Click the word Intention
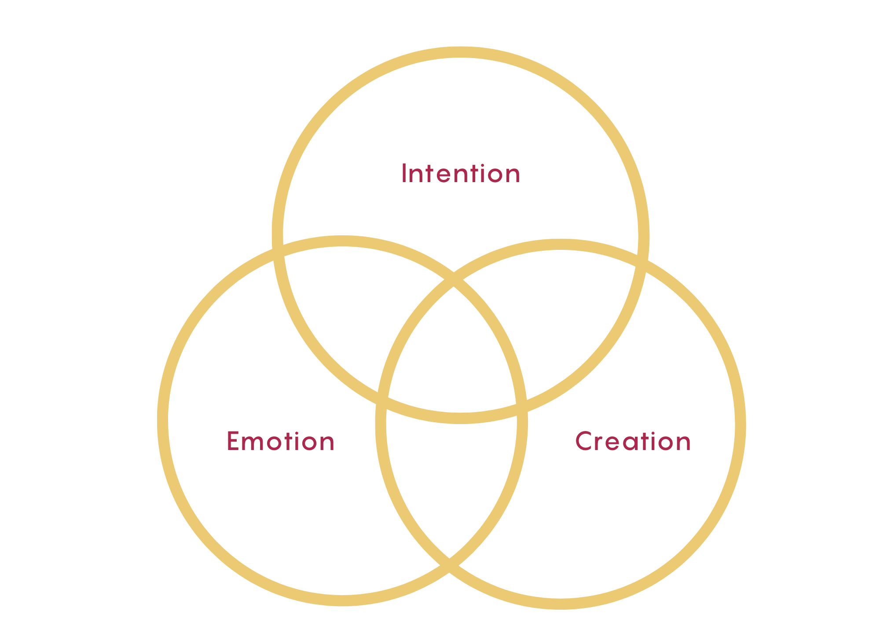tap(461, 174)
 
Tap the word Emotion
tap(281, 441)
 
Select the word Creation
tap(633, 441)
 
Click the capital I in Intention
tap(404, 173)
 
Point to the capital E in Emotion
tap(232, 441)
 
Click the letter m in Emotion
tap(256, 443)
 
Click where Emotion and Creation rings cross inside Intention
tap(453, 280)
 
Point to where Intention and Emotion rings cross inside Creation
tap(522, 407)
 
